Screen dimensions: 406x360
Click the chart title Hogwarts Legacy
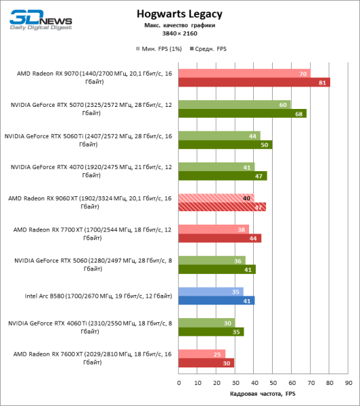coord(179,14)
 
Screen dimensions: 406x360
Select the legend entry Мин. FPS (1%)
coord(162,49)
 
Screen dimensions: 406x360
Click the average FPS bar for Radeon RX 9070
coord(254,83)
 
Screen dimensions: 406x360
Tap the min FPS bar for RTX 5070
coord(234,105)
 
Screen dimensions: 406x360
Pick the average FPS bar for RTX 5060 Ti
coord(225,145)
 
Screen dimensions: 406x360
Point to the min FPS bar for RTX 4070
coord(217,166)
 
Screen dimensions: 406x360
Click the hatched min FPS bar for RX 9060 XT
coord(216,198)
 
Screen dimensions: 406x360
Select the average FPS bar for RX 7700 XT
coord(220,238)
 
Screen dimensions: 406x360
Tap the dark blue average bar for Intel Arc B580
coord(217,300)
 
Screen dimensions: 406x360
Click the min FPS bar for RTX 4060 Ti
coord(206,323)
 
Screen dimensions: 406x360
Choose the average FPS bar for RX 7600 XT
coord(206,363)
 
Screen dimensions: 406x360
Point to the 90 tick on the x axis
coord(348,382)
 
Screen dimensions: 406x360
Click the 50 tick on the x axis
coord(273,382)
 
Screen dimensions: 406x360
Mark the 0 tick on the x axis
coord(179,382)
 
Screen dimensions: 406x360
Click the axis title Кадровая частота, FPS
coord(263,394)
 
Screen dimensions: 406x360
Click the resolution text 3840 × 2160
coord(179,32)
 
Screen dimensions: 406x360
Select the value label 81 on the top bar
coord(323,83)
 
